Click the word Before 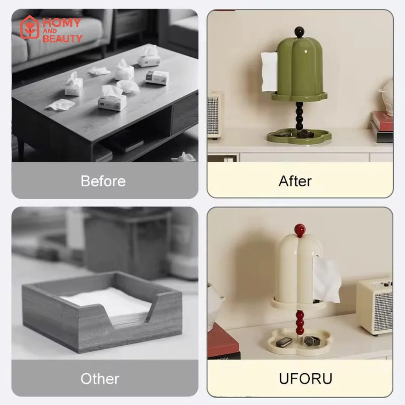103,181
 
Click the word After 295,181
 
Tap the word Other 100,379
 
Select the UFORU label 306,379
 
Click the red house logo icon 30,27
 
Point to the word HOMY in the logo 62,23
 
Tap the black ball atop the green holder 299,32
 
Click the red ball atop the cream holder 300,230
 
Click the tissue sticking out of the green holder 269,72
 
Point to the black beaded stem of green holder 299,116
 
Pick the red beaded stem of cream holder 300,322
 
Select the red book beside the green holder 383,121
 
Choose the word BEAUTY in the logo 62,39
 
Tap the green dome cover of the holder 300,67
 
